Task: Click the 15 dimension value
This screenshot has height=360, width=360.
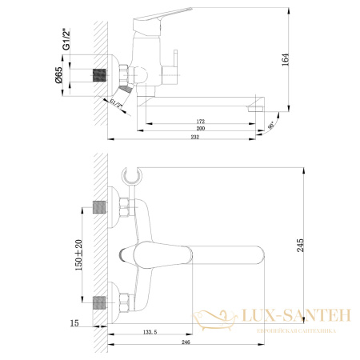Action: click(74, 322)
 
